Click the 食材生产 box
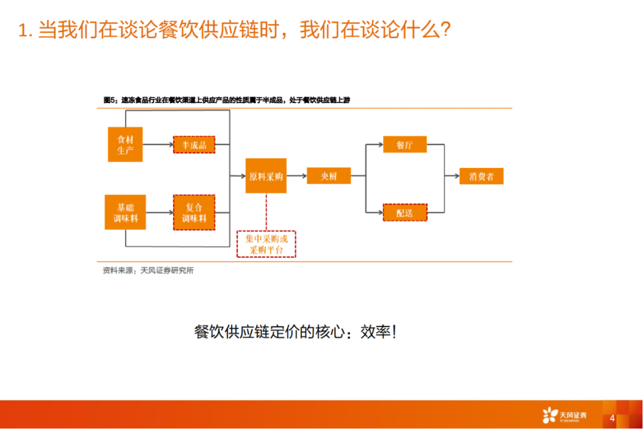tap(125, 144)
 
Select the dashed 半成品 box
tap(193, 145)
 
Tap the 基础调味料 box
tap(125, 213)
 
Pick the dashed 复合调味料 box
tap(193, 213)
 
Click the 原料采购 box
tap(266, 176)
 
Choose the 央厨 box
tap(329, 176)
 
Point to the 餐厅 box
tap(404, 145)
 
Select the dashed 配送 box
tap(404, 213)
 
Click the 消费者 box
tap(481, 176)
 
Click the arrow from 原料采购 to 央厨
tap(296, 176)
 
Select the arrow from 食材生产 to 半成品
tap(158, 145)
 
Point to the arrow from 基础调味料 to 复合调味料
tap(159, 213)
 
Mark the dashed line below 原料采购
tap(266, 212)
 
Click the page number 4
tap(611, 418)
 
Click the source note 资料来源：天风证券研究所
tap(148, 271)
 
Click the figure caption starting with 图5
tap(227, 100)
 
